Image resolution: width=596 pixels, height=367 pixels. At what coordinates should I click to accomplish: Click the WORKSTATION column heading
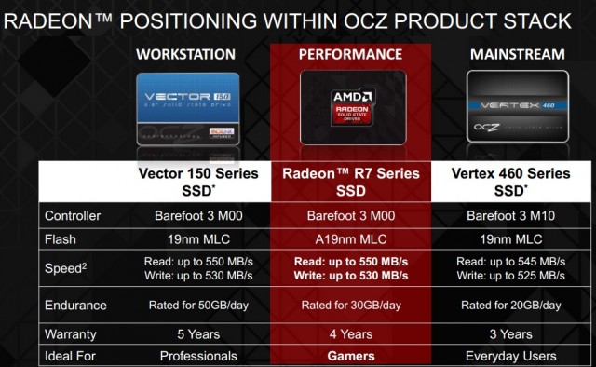187,54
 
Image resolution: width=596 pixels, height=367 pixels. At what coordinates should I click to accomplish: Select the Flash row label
61,238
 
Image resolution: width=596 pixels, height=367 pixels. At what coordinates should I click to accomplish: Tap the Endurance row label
76,305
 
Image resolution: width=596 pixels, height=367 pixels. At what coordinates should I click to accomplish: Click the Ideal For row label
73,356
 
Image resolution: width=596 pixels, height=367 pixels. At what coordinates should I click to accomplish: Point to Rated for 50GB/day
187,305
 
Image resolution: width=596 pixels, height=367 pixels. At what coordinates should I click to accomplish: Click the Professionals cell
187,356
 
